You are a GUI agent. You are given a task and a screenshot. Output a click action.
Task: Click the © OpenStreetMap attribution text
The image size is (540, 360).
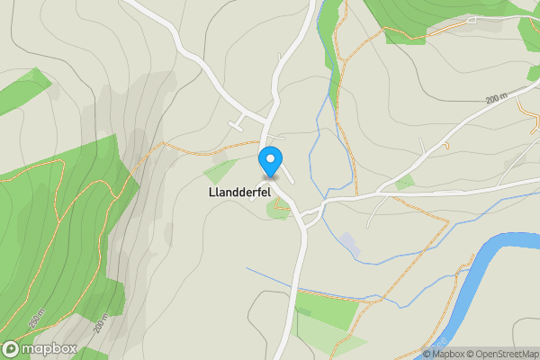499,354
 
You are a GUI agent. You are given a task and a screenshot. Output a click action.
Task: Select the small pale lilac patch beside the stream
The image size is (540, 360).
348,242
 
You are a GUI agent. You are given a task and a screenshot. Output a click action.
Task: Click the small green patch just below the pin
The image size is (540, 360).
277,210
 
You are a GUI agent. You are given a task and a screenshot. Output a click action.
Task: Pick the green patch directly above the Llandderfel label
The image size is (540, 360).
220,170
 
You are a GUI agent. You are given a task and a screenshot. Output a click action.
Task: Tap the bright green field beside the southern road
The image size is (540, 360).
329,310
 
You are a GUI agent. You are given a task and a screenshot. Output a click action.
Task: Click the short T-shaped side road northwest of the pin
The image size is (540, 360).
243,120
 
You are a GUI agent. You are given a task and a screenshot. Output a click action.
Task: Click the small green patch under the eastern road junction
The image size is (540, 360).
405,182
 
